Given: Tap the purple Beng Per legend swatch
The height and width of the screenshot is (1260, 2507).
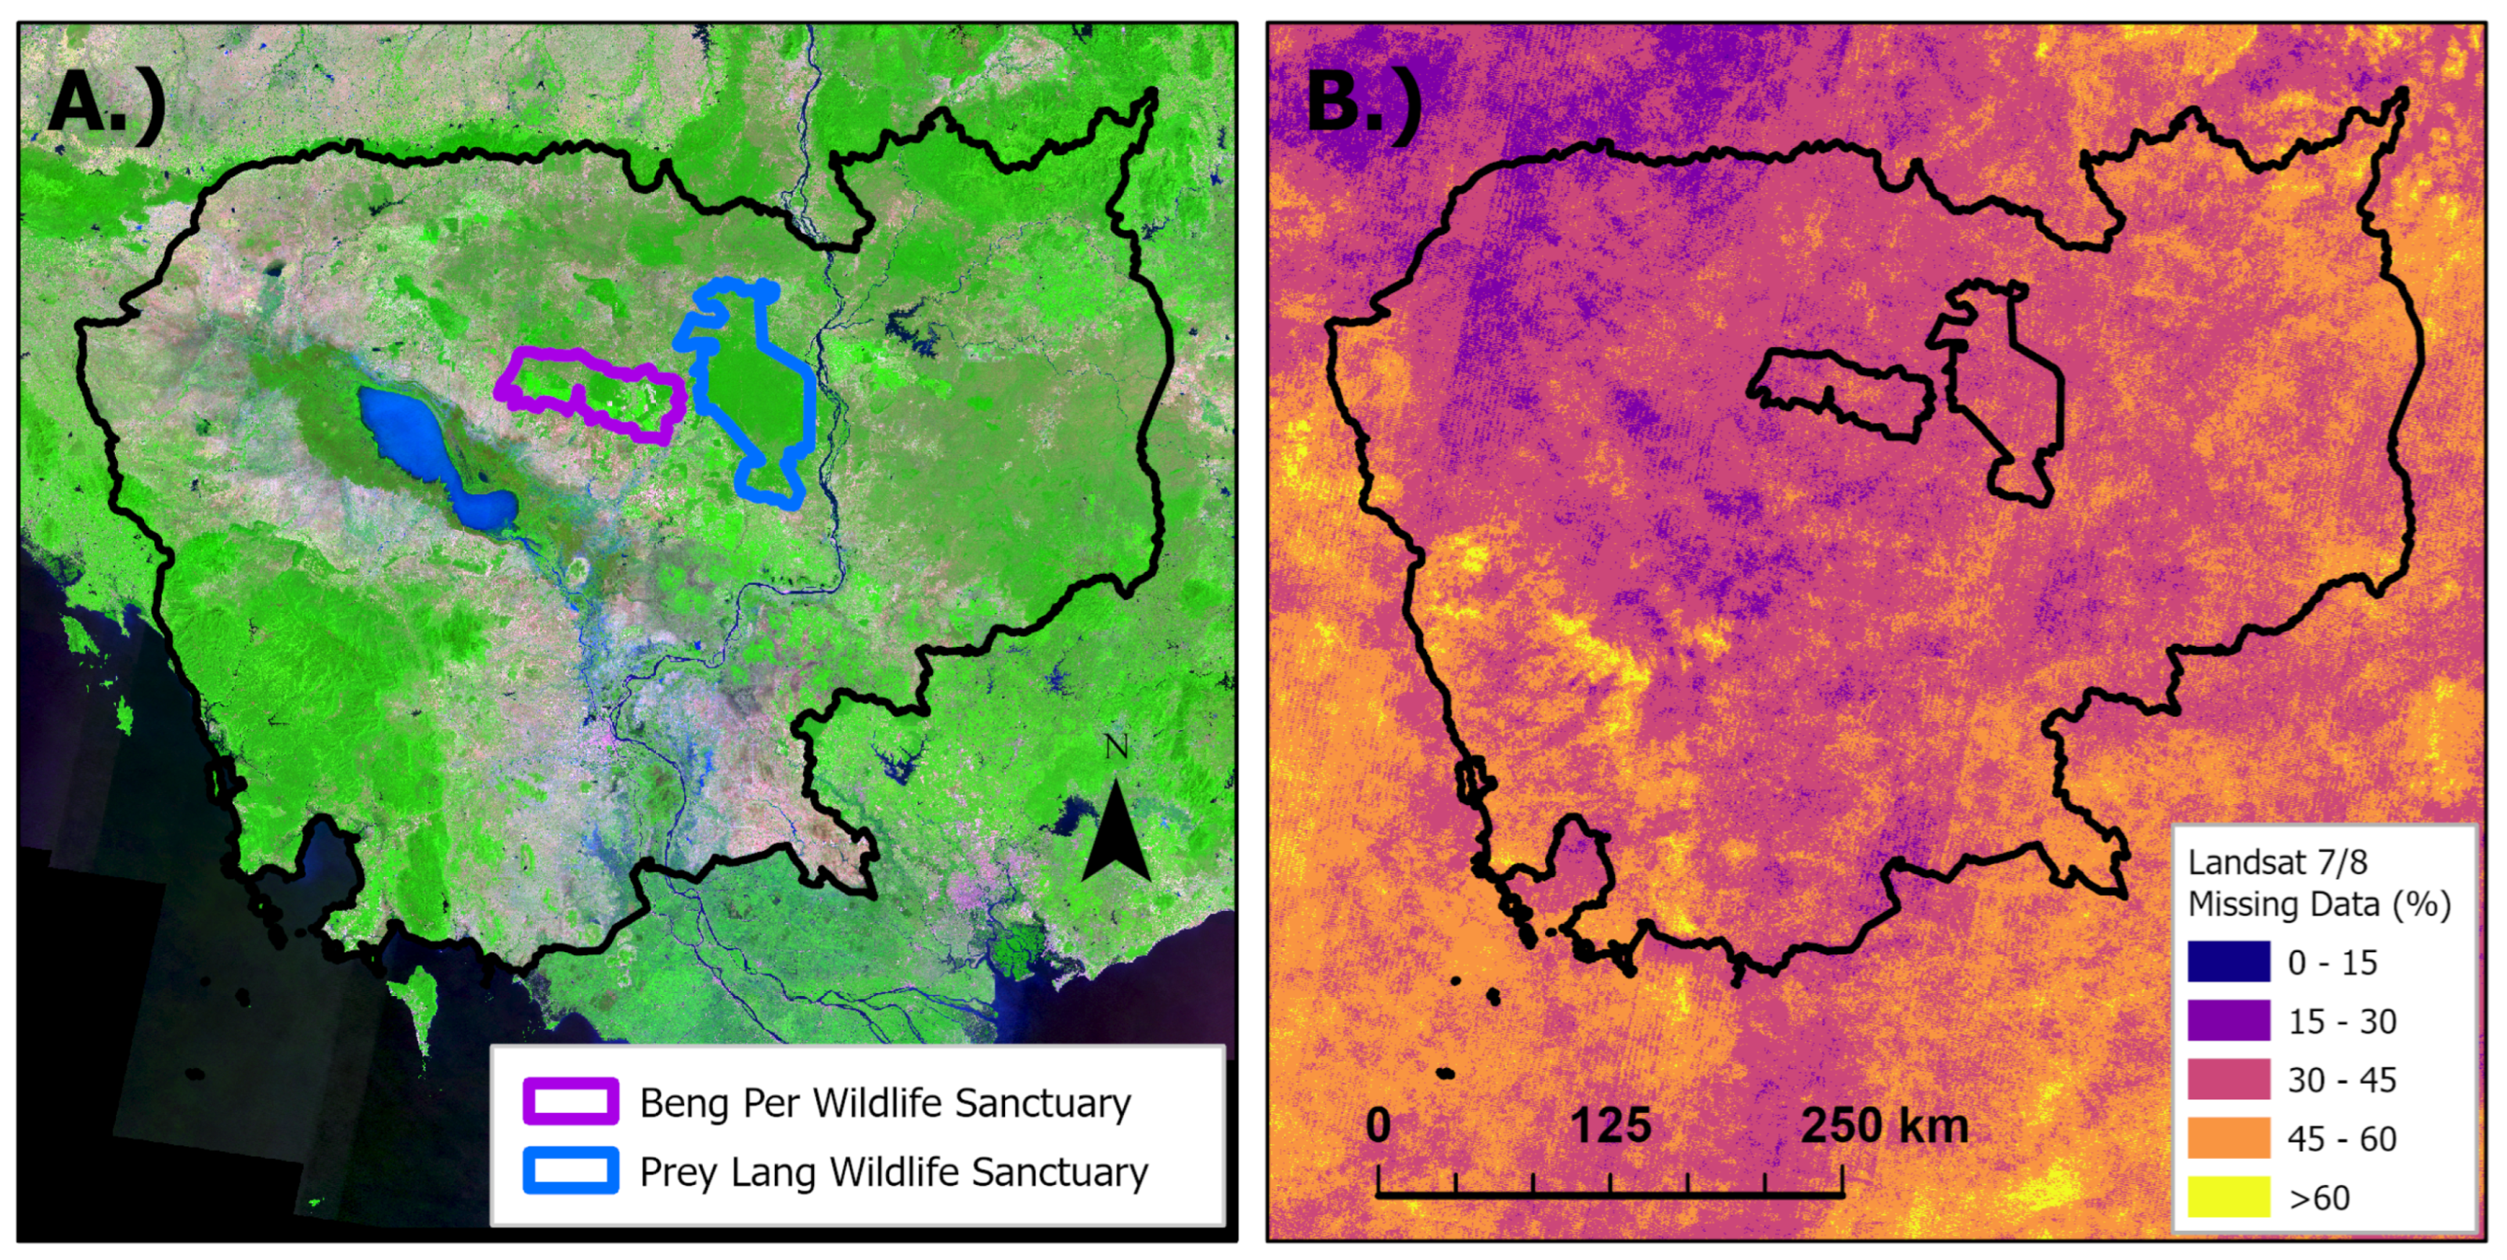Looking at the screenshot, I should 571,1101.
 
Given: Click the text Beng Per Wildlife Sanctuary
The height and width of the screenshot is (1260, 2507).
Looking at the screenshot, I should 884,1103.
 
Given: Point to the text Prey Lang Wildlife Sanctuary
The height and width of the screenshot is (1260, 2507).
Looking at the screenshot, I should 893,1172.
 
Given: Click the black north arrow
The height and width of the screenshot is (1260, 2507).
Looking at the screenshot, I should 1116,832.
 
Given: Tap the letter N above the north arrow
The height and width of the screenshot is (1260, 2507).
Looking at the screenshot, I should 1116,748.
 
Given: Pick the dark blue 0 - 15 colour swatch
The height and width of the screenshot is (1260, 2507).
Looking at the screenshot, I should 2228,962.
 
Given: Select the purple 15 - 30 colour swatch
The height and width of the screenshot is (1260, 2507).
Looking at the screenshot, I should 2228,1020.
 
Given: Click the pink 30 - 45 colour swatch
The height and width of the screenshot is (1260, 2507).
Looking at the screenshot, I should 2228,1079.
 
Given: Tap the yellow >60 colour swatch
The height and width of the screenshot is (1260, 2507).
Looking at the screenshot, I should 2228,1197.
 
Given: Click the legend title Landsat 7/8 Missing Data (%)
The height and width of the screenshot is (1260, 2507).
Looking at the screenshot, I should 2318,883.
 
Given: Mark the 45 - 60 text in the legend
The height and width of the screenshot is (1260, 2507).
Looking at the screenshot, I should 2342,1139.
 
